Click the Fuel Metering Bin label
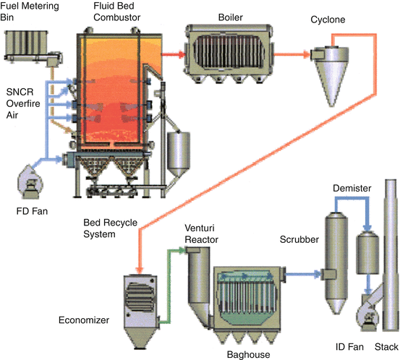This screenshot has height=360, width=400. (30, 12)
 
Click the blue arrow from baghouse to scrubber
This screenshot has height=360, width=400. (303, 275)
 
